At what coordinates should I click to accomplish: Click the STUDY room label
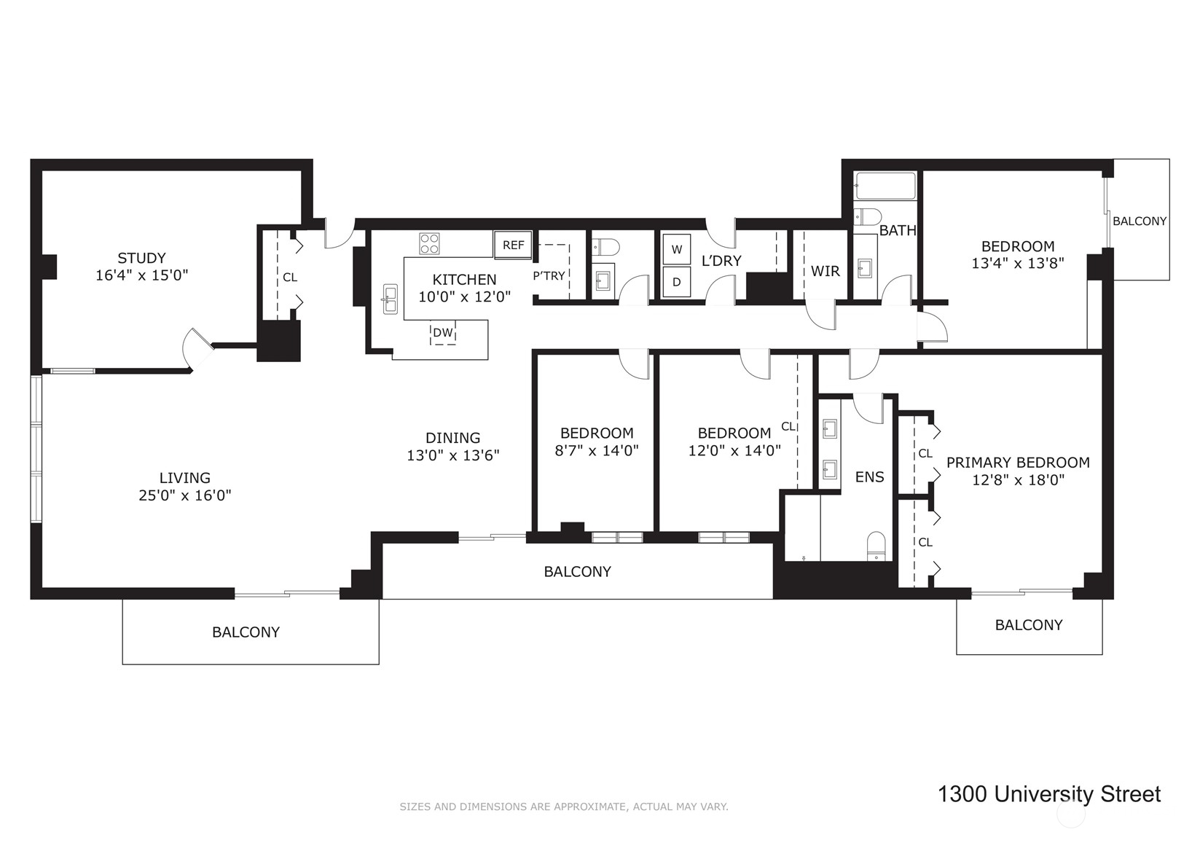(141, 258)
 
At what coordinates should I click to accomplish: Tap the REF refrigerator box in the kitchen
(513, 245)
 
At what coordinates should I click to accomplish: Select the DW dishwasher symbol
(443, 334)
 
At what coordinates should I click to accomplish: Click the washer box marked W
(676, 249)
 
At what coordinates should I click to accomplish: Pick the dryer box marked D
(676, 282)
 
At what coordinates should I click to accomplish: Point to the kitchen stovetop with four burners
(429, 243)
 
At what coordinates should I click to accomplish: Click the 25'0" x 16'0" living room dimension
(184, 495)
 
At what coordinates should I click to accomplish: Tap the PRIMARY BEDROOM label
(1017, 463)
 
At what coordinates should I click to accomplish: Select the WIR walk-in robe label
(825, 271)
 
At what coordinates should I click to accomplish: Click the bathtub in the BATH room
(885, 187)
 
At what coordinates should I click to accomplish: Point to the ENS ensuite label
(869, 477)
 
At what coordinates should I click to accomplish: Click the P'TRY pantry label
(549, 276)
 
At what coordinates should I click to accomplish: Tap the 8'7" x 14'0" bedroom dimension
(596, 450)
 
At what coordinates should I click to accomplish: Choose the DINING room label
(452, 438)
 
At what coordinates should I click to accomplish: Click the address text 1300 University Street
(1048, 793)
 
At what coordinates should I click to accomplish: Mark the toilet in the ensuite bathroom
(876, 546)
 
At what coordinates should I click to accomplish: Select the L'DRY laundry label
(721, 261)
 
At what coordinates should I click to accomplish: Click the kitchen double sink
(391, 299)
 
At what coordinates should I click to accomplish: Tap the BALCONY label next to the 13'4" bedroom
(1139, 221)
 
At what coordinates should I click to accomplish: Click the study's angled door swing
(197, 348)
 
